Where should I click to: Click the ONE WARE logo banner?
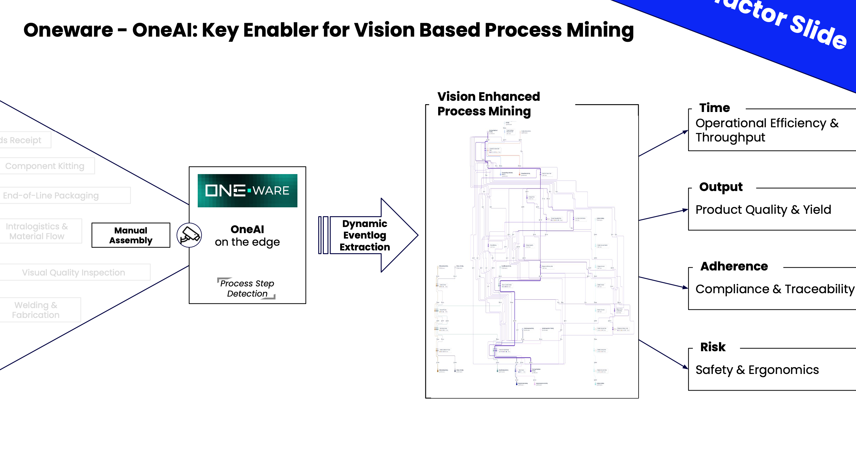pos(247,190)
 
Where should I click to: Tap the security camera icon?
pos(189,235)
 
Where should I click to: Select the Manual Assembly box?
pos(131,235)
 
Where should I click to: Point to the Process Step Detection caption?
pos(247,288)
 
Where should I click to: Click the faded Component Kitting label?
pos(45,166)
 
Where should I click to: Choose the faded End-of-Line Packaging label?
pos(51,195)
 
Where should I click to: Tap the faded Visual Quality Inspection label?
pos(74,272)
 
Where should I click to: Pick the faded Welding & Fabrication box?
pos(36,310)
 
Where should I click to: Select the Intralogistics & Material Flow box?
pos(37,231)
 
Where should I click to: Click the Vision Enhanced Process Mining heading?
pos(488,104)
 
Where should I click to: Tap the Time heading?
pos(715,108)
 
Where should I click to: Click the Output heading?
pos(721,187)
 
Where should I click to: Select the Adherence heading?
pos(734,266)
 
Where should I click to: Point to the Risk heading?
pos(713,347)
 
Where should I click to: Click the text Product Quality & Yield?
pos(763,210)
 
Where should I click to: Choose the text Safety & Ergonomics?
pos(757,370)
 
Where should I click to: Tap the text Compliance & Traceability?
pos(775,289)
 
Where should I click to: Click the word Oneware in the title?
pos(68,30)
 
